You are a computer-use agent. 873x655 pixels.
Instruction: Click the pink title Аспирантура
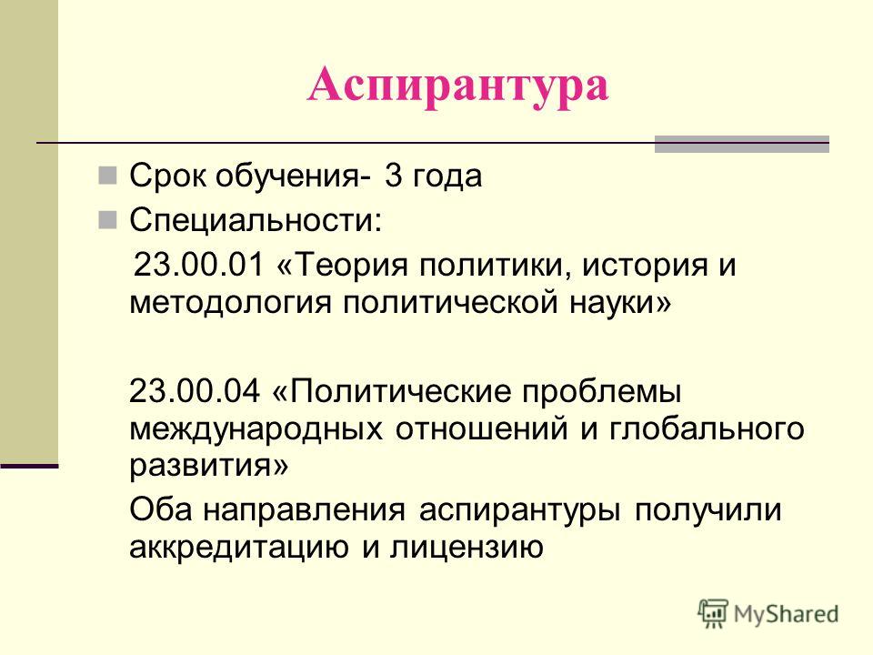(x=457, y=86)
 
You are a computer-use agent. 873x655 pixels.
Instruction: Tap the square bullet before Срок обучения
(x=107, y=176)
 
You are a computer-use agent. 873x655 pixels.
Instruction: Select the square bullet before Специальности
(x=107, y=220)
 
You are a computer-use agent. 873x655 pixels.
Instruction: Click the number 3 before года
(x=393, y=176)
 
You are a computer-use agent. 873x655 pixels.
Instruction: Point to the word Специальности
(x=256, y=220)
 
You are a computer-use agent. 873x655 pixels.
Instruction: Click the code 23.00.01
(x=199, y=264)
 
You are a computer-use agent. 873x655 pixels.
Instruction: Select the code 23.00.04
(x=195, y=390)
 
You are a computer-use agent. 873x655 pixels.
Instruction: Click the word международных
(x=256, y=429)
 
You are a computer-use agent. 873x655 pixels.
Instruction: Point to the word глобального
(x=707, y=428)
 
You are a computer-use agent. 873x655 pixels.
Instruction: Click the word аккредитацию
(x=239, y=547)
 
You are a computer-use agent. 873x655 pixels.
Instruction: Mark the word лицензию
(x=467, y=548)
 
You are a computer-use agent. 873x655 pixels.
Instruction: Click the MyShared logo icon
(x=713, y=613)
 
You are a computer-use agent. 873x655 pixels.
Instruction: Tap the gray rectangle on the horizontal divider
(x=742, y=145)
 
